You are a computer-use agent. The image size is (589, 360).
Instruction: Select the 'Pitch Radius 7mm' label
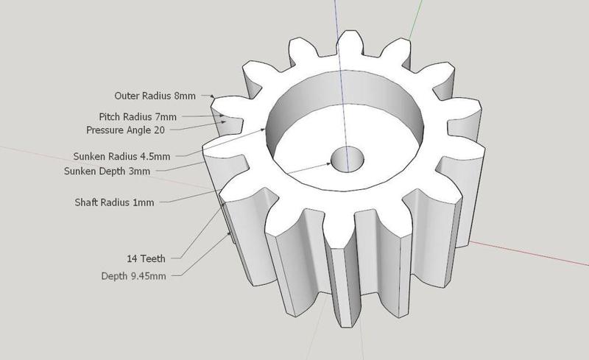138,117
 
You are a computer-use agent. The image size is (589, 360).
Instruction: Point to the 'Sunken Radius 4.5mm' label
121,157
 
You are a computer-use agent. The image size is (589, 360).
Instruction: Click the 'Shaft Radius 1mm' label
114,202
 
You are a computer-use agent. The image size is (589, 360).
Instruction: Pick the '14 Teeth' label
146,258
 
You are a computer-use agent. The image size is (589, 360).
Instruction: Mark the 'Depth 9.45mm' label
133,276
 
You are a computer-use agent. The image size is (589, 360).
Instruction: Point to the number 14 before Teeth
133,258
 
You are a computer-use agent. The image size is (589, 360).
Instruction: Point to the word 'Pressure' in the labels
104,130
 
